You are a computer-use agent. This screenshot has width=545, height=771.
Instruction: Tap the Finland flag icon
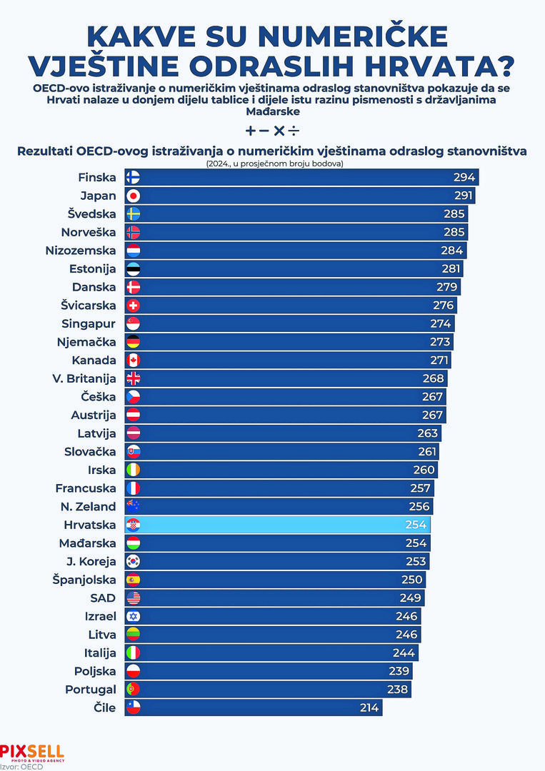[133, 178]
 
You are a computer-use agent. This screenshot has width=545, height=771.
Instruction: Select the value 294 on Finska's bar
[465, 178]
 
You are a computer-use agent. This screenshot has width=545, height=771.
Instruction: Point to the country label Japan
[98, 196]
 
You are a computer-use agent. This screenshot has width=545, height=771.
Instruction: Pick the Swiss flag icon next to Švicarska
[133, 306]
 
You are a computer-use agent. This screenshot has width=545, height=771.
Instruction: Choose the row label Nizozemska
[81, 251]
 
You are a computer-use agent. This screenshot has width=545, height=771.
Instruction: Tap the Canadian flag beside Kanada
[133, 361]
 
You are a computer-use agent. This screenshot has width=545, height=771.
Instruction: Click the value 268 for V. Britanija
[433, 378]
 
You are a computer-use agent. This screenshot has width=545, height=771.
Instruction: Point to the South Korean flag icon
[133, 562]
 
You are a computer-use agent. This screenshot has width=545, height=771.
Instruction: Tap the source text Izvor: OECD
[21, 767]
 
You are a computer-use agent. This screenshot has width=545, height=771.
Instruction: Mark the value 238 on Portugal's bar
[397, 690]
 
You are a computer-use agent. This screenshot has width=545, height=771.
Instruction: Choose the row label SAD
[103, 598]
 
